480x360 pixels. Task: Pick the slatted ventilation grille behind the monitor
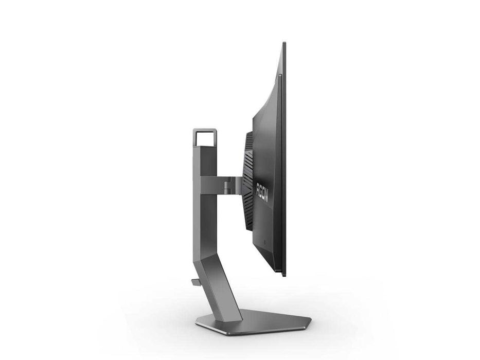pyautogui.click(x=248, y=185)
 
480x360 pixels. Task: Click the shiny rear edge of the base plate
pyautogui.click(x=206, y=326)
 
